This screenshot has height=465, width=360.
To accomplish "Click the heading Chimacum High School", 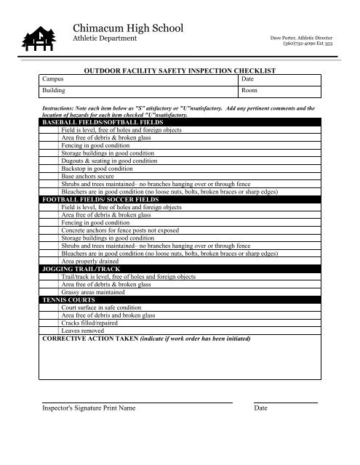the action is (129, 28).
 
